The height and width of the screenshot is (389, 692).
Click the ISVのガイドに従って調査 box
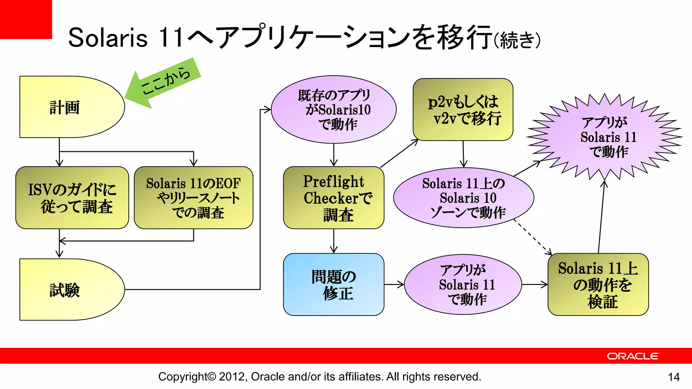[x=72, y=198]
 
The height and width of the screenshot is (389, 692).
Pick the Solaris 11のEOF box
[x=193, y=198]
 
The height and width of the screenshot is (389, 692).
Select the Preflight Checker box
[x=333, y=198]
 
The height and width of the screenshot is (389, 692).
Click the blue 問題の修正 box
[x=333, y=285]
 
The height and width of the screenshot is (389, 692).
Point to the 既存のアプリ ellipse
[x=333, y=109]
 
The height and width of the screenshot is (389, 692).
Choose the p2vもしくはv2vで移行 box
[x=463, y=109]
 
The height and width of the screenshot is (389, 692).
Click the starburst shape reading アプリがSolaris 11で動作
[x=605, y=137]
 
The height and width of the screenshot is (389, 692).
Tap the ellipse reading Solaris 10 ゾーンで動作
[x=464, y=198]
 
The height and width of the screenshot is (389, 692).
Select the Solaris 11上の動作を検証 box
[x=598, y=285]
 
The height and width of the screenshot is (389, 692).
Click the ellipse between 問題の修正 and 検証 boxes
[x=463, y=285]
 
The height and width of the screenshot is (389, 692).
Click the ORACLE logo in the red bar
[x=633, y=356]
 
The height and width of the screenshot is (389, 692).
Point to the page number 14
[x=674, y=377]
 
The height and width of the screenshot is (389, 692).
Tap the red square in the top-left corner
[x=26, y=19]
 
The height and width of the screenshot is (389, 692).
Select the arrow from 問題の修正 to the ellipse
[x=394, y=285]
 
